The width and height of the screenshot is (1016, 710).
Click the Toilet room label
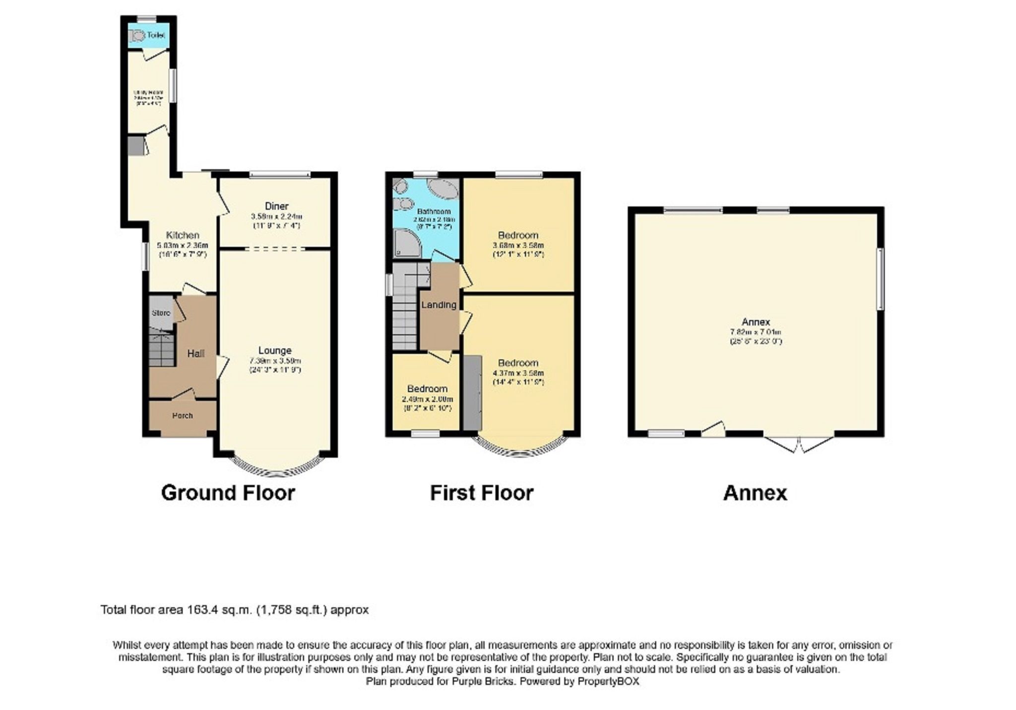pos(156,35)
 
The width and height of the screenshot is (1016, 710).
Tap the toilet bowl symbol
pos(137,35)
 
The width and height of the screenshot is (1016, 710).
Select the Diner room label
pos(276,206)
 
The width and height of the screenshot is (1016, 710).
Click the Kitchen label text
pos(183,235)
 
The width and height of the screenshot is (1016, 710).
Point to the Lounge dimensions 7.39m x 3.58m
pos(274,360)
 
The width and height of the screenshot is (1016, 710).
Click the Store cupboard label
pos(161,313)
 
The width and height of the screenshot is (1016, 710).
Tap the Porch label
pos(183,415)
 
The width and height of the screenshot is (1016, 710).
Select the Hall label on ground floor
pos(195,354)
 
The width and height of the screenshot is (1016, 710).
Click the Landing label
pos(439,305)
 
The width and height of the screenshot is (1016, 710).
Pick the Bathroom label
pos(434,211)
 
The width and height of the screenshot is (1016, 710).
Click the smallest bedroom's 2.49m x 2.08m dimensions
pos(427,399)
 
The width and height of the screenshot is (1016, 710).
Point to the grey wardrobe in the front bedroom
pos(472,392)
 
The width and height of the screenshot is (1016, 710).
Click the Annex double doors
pos(799,444)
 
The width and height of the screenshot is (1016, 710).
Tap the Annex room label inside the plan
pos(756,322)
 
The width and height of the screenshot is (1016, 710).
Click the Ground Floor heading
pos(228,493)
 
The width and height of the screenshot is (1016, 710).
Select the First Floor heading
pos(481,493)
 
